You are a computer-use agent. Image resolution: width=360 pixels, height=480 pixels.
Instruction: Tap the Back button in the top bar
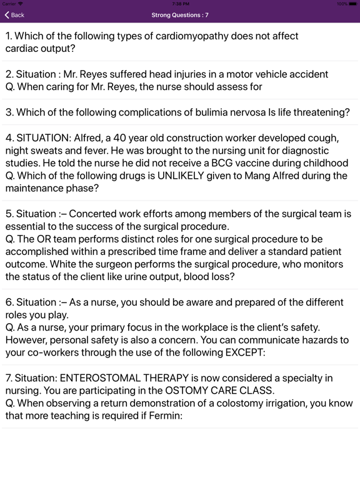click(x=14, y=14)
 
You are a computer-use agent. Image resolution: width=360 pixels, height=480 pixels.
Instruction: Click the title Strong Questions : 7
click(x=180, y=14)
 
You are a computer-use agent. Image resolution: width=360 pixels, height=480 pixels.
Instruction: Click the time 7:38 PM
click(x=180, y=4)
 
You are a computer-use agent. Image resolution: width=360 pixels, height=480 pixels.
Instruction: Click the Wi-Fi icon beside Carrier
click(x=21, y=4)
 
